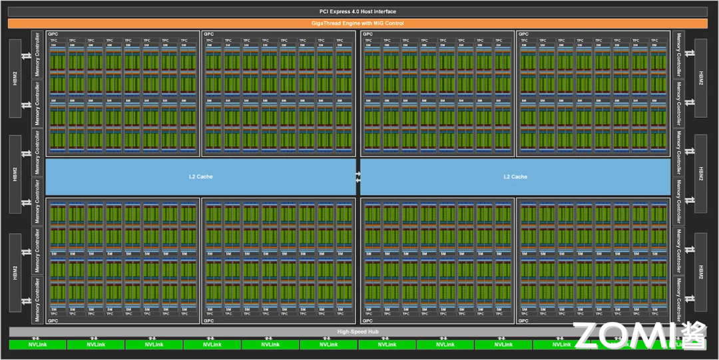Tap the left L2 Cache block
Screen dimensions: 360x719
[x=200, y=176]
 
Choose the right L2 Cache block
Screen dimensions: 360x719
[x=515, y=176]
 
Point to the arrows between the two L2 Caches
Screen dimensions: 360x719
[x=358, y=176]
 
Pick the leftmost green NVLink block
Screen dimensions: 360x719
[x=37, y=345]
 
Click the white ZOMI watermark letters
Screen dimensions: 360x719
[x=626, y=336]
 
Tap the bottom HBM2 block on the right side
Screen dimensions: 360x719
[x=700, y=273]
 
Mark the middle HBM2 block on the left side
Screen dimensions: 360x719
[x=15, y=176]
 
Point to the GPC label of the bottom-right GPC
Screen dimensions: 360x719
[x=523, y=321]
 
